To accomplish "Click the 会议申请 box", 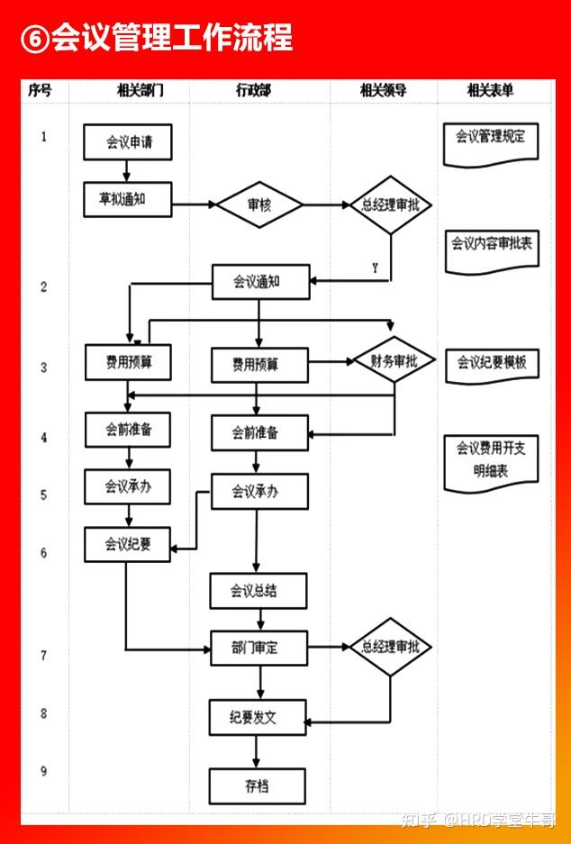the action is pos(128,142).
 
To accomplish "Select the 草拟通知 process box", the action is pos(128,199).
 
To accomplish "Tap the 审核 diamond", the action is pos(259,204).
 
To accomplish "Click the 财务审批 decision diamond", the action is pos(394,359).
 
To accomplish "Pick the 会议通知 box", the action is pos(261,282).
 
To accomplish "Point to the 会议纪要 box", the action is pos(128,544).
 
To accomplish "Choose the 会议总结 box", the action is pos(258,591).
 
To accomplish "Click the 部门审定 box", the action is pos(258,648).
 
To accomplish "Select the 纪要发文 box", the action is pos(258,718).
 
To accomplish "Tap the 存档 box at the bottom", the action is pos(258,786).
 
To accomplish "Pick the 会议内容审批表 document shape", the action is pos(492,251).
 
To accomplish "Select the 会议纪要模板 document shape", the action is pos(492,366).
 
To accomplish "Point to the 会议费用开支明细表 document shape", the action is pos(491,463).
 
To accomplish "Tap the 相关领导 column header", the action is pos(383,90).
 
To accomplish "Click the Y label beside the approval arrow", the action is pos(375,268).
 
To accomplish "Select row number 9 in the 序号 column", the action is pos(43,771).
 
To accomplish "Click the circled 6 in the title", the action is pos(35,39).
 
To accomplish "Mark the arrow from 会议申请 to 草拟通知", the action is pos(126,171).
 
